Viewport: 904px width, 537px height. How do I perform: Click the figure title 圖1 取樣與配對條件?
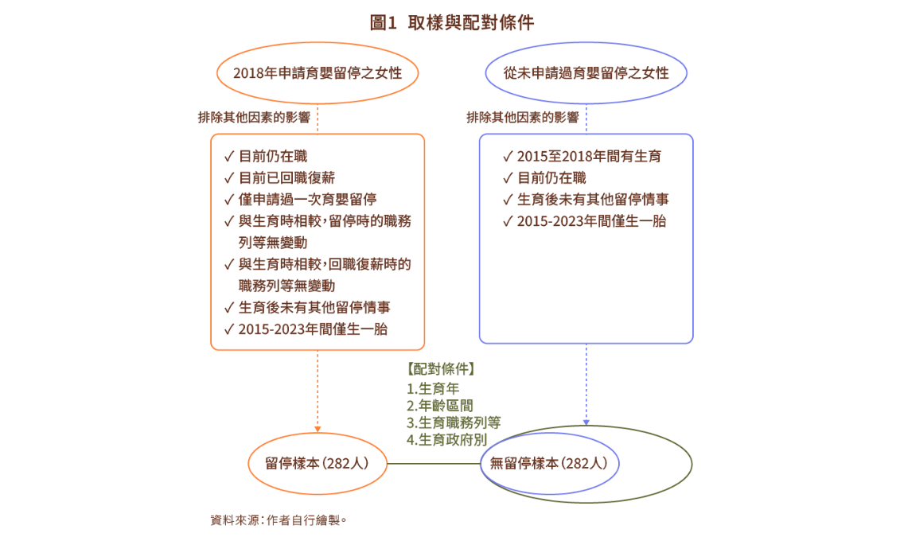click(451, 23)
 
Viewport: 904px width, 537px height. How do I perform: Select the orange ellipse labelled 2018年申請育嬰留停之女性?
click(318, 73)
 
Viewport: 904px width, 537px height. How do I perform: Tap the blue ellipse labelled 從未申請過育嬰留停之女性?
click(586, 73)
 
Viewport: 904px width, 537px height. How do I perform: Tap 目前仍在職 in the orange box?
click(273, 156)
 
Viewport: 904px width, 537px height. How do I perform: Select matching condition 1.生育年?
click(433, 389)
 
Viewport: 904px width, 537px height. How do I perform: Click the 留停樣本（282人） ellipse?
click(318, 463)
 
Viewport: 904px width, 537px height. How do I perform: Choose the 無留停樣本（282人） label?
click(549, 463)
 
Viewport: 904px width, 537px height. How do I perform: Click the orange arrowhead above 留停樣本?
click(318, 428)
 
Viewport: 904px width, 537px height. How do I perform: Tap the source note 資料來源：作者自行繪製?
click(279, 520)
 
